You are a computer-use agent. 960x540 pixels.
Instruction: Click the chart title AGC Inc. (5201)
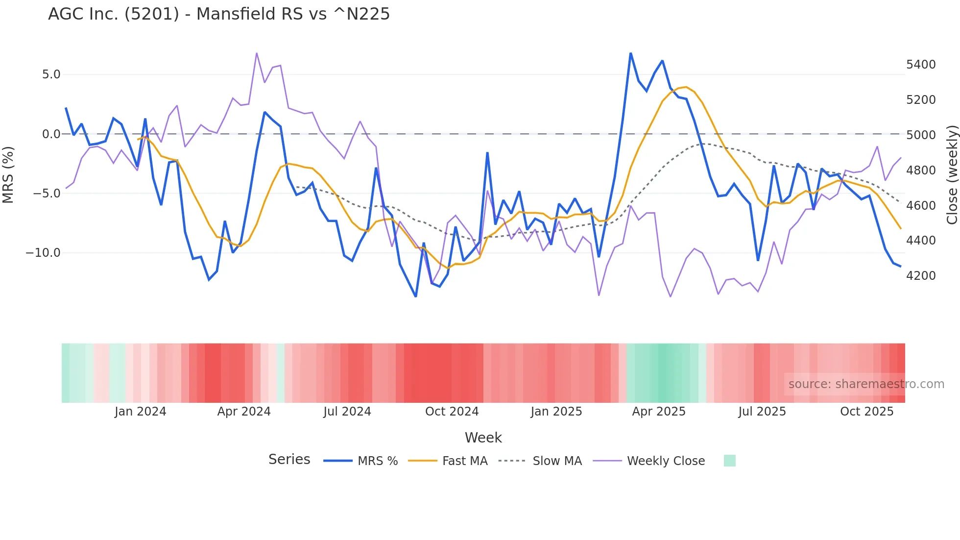(x=218, y=14)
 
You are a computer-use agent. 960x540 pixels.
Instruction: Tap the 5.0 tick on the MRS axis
(x=51, y=74)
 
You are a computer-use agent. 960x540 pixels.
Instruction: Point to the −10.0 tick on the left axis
(x=43, y=253)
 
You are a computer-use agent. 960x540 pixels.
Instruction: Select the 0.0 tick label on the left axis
(x=51, y=134)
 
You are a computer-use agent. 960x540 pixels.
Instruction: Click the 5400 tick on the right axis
(x=921, y=65)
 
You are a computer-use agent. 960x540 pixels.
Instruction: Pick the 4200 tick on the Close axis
(x=921, y=276)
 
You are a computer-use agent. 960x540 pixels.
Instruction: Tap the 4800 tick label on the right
(x=921, y=171)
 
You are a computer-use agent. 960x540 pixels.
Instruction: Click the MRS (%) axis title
(x=8, y=174)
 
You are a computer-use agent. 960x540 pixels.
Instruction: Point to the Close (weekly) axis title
(x=952, y=174)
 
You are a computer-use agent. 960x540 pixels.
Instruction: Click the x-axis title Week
(x=483, y=438)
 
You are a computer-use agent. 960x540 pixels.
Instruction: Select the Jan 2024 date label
(x=141, y=412)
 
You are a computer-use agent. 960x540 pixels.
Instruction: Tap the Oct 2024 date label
(x=452, y=412)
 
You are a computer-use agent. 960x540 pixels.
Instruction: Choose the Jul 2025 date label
(x=762, y=412)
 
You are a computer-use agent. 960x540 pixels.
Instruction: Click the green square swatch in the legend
(x=729, y=461)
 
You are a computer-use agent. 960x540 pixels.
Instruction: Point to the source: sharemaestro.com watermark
(x=866, y=384)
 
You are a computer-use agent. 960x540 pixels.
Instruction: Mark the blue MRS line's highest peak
(x=630, y=53)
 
